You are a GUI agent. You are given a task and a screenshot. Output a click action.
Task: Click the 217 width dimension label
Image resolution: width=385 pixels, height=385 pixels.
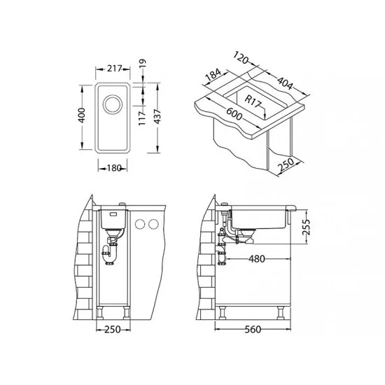coord(114,69)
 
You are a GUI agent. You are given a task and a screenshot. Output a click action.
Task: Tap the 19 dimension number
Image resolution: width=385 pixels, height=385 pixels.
coord(142,63)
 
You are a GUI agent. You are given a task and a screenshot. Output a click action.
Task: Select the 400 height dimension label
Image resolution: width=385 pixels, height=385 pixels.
coord(81,115)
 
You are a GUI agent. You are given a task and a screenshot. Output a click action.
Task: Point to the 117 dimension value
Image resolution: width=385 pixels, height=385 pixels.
coord(142,118)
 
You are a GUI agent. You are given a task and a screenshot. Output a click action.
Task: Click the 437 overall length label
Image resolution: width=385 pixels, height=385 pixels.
coord(157,117)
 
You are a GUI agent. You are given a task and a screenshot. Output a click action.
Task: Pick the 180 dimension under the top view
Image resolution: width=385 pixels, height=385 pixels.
coord(114,168)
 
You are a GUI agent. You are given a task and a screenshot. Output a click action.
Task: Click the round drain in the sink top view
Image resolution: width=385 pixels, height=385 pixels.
coord(113,105)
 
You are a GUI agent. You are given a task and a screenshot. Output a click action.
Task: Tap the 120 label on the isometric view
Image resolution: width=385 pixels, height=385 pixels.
coord(241,58)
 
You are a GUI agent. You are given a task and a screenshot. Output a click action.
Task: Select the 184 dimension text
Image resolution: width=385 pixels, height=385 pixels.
coord(213,74)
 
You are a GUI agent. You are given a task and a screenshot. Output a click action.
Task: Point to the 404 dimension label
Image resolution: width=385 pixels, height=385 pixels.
coord(285,83)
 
